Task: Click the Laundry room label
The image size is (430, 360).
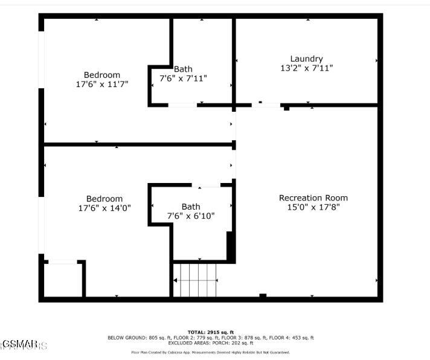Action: [306, 59]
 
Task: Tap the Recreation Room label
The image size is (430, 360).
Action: [313, 198]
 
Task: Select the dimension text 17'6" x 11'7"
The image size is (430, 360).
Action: [101, 85]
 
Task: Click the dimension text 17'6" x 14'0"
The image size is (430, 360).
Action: [104, 208]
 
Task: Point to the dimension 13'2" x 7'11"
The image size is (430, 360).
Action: [306, 68]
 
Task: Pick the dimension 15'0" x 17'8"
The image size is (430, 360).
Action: [313, 207]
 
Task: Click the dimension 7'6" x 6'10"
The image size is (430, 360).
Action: [191, 216]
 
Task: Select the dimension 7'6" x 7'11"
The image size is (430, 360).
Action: [183, 79]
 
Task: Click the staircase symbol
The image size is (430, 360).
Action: [196, 280]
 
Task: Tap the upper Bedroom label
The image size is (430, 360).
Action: [101, 75]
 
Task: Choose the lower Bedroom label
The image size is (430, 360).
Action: [104, 198]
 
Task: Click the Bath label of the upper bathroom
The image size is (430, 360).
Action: [183, 69]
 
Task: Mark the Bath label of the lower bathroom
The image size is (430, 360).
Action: [191, 207]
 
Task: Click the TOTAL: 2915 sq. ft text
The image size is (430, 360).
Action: [210, 332]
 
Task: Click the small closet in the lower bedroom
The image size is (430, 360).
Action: [62, 279]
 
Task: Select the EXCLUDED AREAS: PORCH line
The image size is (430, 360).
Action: [210, 342]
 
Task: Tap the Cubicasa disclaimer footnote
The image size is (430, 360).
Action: [210, 352]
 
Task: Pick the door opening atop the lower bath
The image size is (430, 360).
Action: [209, 185]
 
